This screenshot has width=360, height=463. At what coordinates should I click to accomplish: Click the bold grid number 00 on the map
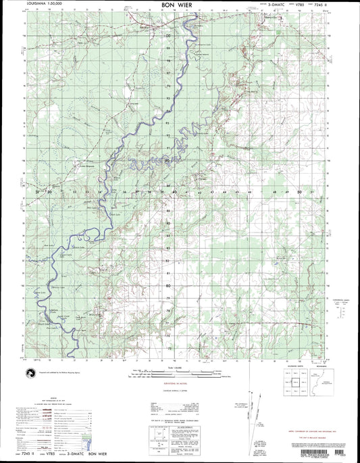point(168,36)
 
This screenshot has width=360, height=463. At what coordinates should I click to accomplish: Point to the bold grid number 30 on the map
point(50,192)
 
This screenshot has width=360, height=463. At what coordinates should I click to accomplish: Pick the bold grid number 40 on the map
point(175,192)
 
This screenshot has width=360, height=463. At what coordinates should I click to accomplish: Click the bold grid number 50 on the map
point(299,192)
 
